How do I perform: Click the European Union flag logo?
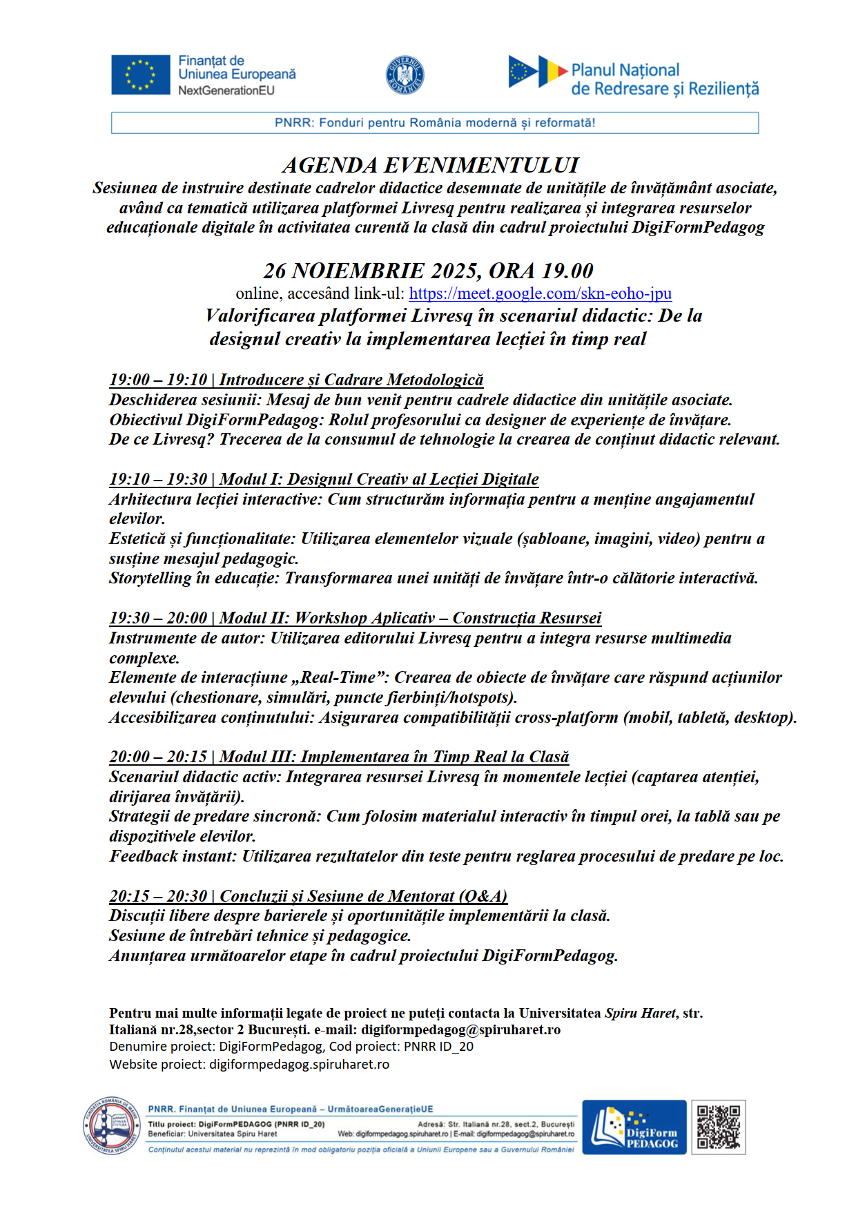click(140, 75)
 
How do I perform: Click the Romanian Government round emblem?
click(405, 75)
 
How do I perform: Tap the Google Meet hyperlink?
click(540, 293)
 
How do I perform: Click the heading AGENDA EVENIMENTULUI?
click(430, 166)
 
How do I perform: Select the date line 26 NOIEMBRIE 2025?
click(428, 271)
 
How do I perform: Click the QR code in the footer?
click(718, 1127)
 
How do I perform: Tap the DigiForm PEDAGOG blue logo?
click(634, 1127)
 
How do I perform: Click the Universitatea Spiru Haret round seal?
click(112, 1125)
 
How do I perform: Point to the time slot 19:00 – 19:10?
click(158, 380)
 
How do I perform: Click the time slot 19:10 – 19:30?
click(158, 479)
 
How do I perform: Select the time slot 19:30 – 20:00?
click(158, 618)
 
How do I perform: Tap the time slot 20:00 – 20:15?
click(158, 757)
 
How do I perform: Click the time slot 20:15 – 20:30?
click(158, 896)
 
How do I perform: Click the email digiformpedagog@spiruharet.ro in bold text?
click(460, 1029)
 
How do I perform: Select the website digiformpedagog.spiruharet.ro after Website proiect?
click(299, 1064)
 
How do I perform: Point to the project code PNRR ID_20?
click(438, 1047)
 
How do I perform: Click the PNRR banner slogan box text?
click(435, 123)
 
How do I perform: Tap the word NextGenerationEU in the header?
click(226, 90)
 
